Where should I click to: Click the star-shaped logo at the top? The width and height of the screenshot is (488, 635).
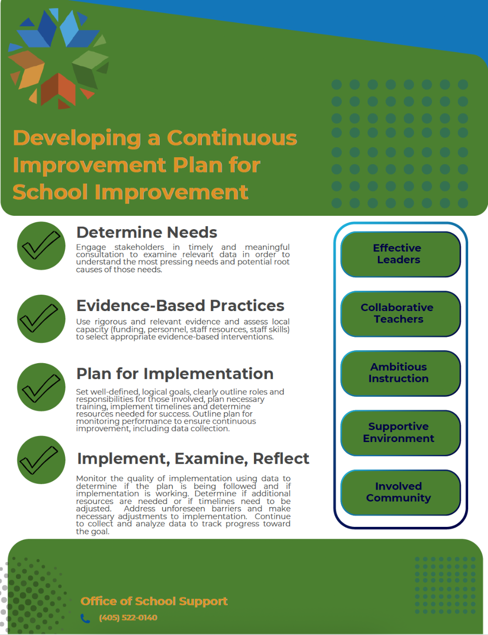pos(59,59)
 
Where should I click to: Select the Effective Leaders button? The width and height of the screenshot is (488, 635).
pos(400,254)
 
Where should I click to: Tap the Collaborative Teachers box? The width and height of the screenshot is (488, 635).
pos(400,314)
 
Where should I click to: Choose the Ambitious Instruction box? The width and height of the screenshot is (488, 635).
pos(400,374)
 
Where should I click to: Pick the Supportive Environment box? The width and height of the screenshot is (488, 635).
pos(400,433)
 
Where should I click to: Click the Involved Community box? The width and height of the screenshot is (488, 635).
pos(400,493)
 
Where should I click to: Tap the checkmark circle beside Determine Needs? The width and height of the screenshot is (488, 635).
pos(41,246)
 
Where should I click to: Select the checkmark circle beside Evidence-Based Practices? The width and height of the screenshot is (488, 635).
pos(41,319)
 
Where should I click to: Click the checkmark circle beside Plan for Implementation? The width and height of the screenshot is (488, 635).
pos(41,387)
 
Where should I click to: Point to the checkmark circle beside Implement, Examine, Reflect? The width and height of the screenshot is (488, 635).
pos(41,460)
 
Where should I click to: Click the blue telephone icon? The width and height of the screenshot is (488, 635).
pos(85,618)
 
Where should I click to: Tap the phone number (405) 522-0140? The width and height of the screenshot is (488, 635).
pos(128,618)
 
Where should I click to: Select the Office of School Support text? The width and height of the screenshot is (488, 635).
pos(154,601)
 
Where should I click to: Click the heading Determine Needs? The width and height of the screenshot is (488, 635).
pos(147,233)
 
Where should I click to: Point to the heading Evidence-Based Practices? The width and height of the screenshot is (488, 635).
pos(180,306)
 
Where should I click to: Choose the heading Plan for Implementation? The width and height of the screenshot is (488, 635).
pos(175,374)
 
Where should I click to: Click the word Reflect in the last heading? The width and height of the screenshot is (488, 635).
pos(281,458)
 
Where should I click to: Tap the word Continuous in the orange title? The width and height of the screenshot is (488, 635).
pos(232,138)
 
